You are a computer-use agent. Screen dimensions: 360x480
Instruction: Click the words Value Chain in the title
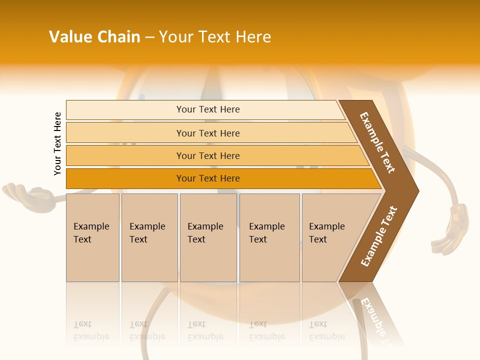94,37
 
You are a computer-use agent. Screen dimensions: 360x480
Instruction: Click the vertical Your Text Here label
57,143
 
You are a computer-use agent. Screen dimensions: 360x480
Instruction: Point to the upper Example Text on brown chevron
377,142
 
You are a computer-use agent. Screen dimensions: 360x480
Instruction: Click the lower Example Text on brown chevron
379,236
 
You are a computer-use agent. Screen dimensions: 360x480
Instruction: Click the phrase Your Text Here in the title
215,37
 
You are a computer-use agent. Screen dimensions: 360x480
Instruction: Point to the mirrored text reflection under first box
91,330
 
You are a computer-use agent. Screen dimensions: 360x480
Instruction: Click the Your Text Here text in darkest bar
208,178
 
